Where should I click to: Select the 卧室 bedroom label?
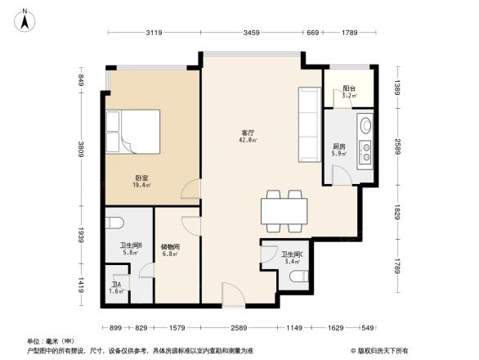[141, 181]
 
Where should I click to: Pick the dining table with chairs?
[283, 210]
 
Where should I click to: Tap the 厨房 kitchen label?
[338, 148]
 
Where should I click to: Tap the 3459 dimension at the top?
[251, 33]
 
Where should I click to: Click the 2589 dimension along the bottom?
[238, 327]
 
